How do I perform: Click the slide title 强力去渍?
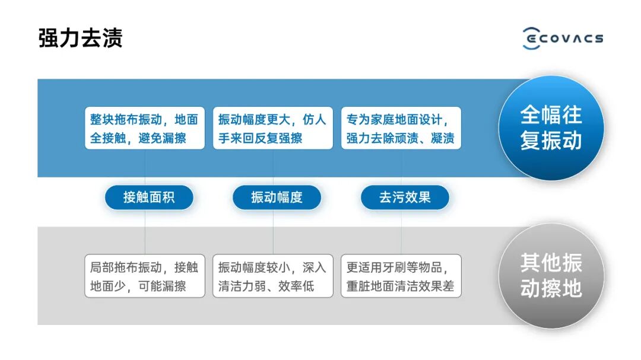pyautogui.click(x=80, y=37)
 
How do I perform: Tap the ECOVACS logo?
pyautogui.click(x=563, y=38)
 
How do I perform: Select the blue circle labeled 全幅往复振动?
pyautogui.click(x=551, y=128)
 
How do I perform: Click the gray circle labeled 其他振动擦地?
pyautogui.click(x=551, y=276)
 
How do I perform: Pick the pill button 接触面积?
pyautogui.click(x=149, y=197)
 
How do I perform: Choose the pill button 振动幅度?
pyautogui.click(x=277, y=197)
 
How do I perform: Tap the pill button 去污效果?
pyautogui.click(x=405, y=197)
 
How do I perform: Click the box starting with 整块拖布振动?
pyautogui.click(x=144, y=128)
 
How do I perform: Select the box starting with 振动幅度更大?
pyautogui.click(x=272, y=128)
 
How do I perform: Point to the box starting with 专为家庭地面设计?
pyautogui.click(x=401, y=128)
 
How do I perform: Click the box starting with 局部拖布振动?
pyautogui.click(x=144, y=276)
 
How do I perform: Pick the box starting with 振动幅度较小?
pyautogui.click(x=272, y=276)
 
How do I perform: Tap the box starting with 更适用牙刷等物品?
pyautogui.click(x=401, y=276)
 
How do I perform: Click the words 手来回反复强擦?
pyautogui.click(x=260, y=138)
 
